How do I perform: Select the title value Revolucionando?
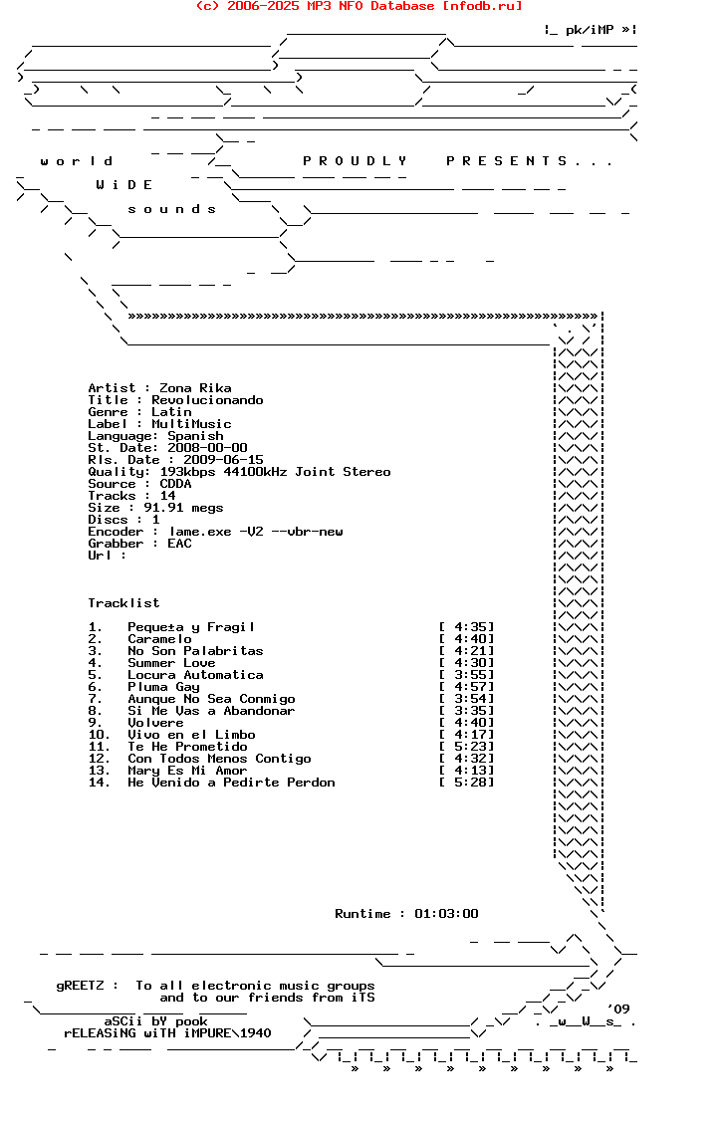207,400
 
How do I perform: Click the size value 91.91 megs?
187,508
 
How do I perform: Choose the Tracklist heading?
123,603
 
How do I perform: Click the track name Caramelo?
159,639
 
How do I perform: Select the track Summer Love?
171,663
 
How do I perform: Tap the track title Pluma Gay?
163,687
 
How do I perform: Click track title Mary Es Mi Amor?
187,771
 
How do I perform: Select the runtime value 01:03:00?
446,914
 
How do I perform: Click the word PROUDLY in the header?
355,161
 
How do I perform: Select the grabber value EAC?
179,544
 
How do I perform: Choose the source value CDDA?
175,484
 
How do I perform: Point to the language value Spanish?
195,436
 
